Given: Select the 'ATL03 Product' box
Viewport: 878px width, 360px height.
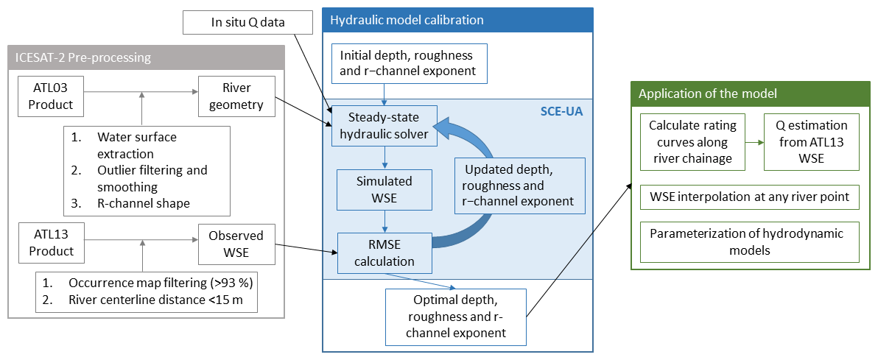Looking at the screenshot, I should pyautogui.click(x=51, y=96).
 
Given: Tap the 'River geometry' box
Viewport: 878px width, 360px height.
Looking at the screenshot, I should pyautogui.click(x=236, y=96).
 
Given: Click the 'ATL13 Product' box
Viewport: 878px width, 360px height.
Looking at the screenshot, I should pyautogui.click(x=51, y=243).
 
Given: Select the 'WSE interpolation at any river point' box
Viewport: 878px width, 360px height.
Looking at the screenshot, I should pyautogui.click(x=750, y=197).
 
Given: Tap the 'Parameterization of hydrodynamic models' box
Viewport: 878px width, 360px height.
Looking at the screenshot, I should pyautogui.click(x=750, y=241).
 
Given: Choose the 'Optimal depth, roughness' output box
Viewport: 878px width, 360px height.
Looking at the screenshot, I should pyautogui.click(x=455, y=317).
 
